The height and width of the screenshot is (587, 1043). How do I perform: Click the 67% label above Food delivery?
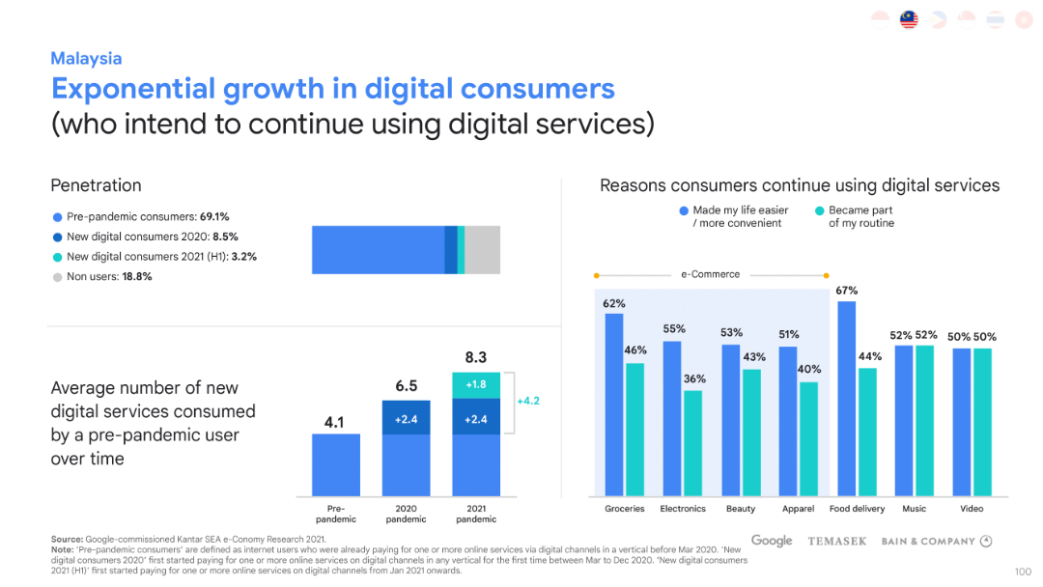pos(846,291)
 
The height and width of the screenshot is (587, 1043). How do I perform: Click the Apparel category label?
pos(798,509)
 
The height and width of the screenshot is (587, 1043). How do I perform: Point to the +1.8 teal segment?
pos(476,384)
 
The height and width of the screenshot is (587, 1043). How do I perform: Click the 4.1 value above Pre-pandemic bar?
pos(335,422)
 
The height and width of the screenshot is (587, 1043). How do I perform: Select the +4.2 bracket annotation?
pos(527,400)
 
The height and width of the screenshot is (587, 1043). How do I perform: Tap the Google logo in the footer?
pos(772,541)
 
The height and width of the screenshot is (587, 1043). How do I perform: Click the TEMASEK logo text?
pos(836,542)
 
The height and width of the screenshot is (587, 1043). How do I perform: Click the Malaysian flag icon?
pos(909,20)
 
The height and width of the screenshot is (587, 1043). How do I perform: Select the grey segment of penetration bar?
pos(482,250)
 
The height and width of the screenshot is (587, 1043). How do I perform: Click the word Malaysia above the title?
pos(86,59)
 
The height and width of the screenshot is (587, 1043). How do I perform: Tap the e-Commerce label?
pos(710,274)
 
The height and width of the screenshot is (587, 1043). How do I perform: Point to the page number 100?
pos(1023,572)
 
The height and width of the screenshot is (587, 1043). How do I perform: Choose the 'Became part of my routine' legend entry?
pos(855,216)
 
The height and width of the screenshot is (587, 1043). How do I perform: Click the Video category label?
pos(972,509)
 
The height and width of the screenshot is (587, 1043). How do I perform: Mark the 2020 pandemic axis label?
pos(406,514)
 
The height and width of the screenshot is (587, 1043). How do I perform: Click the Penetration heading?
pos(96,185)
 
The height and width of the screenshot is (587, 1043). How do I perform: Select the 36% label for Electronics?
pos(694,379)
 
